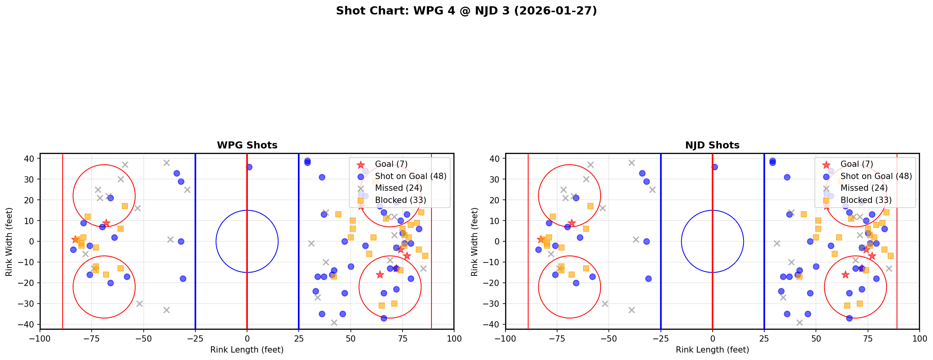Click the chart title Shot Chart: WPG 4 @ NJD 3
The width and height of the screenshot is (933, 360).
(x=466, y=11)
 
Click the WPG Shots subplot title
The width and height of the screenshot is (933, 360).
(x=247, y=145)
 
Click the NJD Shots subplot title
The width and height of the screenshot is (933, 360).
(x=712, y=145)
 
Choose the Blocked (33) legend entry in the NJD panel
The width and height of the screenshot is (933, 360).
(x=866, y=200)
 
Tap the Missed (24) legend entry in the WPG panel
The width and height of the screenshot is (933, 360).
(x=398, y=188)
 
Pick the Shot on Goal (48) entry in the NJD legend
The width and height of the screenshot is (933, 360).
(x=876, y=176)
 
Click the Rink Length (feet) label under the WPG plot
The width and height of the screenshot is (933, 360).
(x=247, y=350)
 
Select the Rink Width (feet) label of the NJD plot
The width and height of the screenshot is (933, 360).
(x=474, y=241)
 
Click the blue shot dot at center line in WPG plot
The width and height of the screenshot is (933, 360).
(x=249, y=167)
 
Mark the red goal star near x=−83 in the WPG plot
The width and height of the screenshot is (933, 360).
(x=75, y=239)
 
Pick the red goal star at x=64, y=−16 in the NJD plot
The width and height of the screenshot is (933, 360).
(x=845, y=275)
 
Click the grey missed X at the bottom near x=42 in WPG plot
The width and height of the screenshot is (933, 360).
(x=334, y=322)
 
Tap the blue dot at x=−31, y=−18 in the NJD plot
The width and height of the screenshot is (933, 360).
(x=648, y=279)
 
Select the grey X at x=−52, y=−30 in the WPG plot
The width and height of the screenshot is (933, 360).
(x=139, y=304)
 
